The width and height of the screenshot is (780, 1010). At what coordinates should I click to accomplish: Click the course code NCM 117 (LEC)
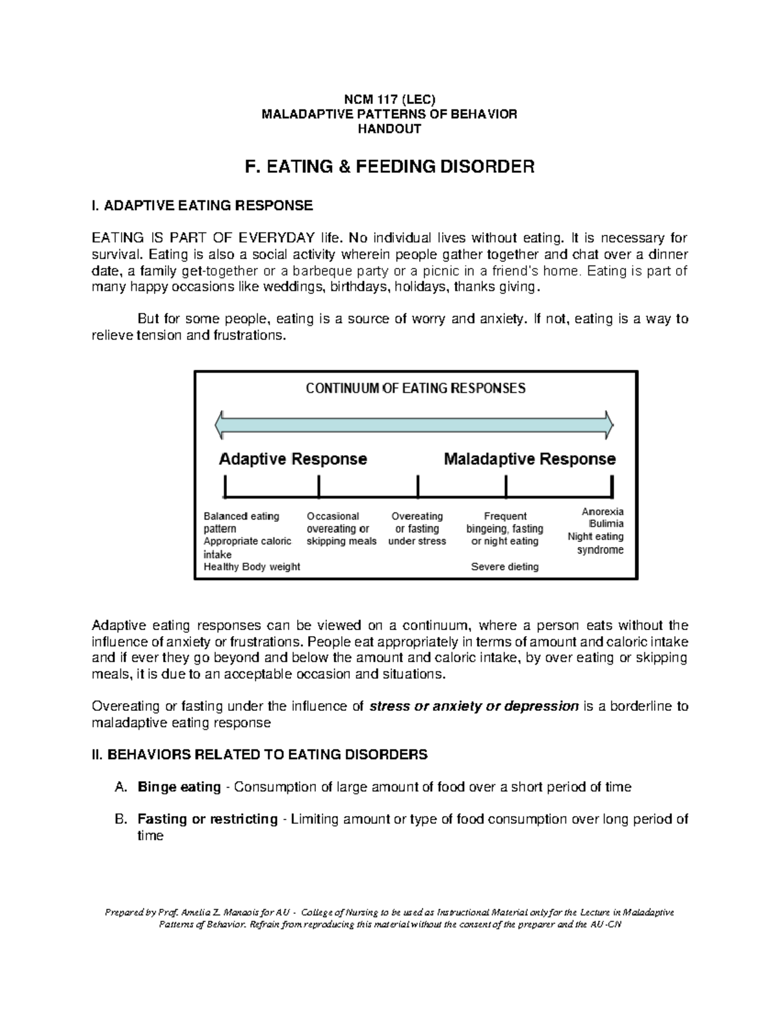pos(389,100)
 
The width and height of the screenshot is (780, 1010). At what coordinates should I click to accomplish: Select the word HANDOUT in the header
pos(389,129)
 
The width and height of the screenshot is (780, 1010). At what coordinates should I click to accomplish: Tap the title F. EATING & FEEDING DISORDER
pos(389,167)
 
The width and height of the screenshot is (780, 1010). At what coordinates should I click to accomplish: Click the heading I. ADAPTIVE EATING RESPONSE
pos(202,206)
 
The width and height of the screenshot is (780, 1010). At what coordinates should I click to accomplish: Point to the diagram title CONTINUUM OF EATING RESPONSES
pos(415,389)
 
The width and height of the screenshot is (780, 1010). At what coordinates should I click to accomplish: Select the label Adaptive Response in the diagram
pos(292,459)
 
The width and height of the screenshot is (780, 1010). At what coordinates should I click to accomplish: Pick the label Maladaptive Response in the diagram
pos(529,459)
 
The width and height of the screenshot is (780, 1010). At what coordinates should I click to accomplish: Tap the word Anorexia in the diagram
pos(603,512)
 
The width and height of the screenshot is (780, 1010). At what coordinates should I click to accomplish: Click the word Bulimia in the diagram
pos(606,524)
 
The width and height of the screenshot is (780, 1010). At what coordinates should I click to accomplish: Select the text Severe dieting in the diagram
pos(504,567)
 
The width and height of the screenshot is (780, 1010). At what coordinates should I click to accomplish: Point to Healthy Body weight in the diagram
pos(252,567)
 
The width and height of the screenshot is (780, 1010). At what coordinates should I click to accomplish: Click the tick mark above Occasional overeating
pos(319,486)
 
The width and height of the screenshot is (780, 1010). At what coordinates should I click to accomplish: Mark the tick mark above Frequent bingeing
pos(506,486)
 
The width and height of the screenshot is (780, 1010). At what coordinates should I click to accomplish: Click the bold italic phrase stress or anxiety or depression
pos(473,706)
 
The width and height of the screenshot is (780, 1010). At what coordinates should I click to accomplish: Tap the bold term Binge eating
pos(179,788)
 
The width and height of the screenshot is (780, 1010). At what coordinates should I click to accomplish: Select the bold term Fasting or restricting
pos(207,819)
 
